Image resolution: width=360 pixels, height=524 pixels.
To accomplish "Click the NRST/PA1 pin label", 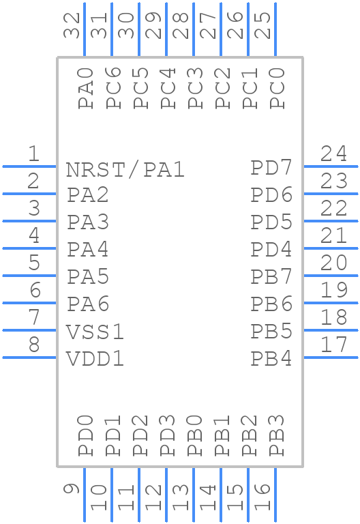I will [125, 169].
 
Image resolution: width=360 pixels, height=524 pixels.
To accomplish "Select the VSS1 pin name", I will [95, 332].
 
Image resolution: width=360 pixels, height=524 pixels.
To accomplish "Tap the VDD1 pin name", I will [95, 359].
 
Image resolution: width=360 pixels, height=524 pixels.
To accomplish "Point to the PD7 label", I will [271, 168].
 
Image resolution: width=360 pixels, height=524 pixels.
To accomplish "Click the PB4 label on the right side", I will [271, 358].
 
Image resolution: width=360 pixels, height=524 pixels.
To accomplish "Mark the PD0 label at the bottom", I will [85, 435].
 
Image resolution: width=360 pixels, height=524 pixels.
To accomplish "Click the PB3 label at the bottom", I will [276, 435].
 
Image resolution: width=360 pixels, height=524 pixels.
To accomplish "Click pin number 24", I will [334, 154].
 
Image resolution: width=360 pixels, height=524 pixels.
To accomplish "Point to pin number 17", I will [334, 345].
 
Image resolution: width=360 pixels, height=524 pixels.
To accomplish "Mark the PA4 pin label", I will [88, 250].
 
